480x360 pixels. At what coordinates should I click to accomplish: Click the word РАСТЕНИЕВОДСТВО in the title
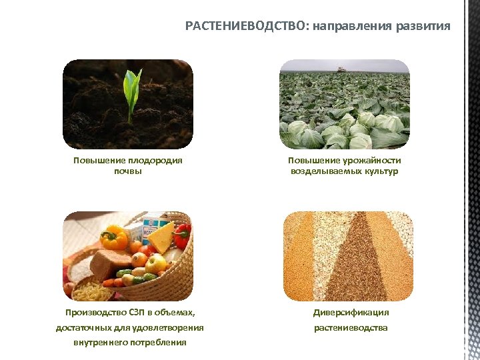tap(246, 27)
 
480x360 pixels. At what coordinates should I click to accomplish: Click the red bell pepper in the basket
tap(183, 235)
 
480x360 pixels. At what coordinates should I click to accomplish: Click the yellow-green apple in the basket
tap(156, 264)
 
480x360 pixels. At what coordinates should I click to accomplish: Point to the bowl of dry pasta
tap(90, 290)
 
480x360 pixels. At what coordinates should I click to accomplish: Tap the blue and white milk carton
tap(151, 223)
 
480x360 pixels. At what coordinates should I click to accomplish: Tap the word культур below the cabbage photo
tap(382, 171)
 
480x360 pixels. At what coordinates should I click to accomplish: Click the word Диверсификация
tap(351, 312)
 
